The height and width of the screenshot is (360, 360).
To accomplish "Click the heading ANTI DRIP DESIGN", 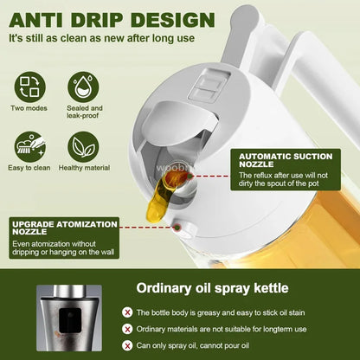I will click(112, 18).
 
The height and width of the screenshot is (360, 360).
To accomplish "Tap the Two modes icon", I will click(30, 87).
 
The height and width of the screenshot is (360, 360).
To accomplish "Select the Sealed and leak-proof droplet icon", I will click(84, 87).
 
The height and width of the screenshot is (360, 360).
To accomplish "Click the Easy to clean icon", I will click(30, 146).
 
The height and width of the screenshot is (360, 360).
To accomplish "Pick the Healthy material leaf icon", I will click(84, 146).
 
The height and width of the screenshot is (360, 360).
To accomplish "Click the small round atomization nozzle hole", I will click(177, 229).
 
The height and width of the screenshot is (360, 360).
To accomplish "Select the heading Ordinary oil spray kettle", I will click(213, 288).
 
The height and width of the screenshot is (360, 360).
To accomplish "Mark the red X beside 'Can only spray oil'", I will click(128, 345).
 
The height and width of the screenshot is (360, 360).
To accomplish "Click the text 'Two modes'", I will click(30, 108).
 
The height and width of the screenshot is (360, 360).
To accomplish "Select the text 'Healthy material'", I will click(84, 167).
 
